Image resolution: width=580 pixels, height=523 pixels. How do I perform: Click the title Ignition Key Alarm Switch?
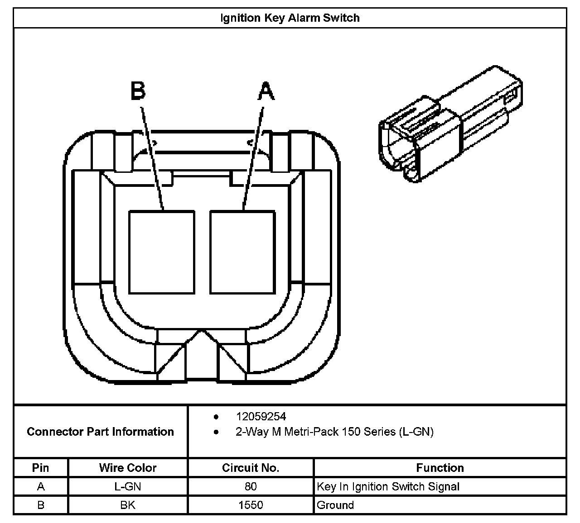point(290,18)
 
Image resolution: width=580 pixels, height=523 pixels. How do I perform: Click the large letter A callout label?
point(266,91)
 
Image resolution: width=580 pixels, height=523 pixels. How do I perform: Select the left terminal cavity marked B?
point(162,252)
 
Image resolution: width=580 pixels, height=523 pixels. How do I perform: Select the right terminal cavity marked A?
point(242,252)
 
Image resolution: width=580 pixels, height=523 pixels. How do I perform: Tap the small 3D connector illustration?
point(450,124)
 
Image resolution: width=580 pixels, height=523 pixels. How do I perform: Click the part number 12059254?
point(261,416)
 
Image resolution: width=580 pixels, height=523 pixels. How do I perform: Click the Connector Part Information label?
point(100,432)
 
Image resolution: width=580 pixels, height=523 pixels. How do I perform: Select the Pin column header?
point(41,468)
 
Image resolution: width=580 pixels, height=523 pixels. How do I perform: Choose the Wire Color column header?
point(128,468)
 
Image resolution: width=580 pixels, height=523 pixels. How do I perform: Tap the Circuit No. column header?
point(251,468)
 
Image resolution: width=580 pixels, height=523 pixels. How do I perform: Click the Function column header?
point(440,468)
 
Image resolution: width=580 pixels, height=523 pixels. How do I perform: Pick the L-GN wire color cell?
point(128,487)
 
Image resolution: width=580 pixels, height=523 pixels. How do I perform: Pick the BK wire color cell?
point(128,505)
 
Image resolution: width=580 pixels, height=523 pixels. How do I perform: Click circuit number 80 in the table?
point(251,487)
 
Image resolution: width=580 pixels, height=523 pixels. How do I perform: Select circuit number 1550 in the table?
point(251,505)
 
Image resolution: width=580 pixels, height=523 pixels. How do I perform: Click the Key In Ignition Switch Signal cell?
point(388,487)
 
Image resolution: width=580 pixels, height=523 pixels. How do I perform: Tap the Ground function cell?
point(335,505)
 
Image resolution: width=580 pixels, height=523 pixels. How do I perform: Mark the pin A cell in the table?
point(41,487)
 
